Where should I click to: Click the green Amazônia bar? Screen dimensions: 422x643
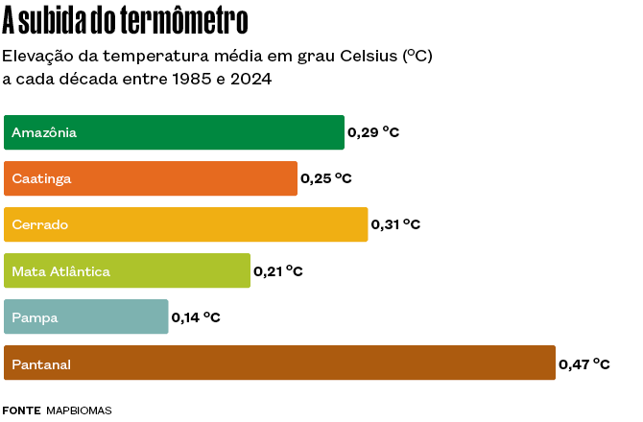click(174, 132)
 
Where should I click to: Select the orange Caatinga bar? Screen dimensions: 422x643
click(151, 178)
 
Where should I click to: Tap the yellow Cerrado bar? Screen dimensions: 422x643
click(186, 224)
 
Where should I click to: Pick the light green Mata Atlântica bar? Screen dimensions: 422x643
click(127, 271)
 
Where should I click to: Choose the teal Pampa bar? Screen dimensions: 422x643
click(86, 317)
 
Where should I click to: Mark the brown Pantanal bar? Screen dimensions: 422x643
click(279, 363)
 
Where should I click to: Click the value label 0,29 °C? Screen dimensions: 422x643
click(373, 132)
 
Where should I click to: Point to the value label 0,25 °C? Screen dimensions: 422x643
click(326, 178)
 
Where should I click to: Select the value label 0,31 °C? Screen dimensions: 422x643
click(396, 224)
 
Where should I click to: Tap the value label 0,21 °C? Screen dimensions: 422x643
click(278, 271)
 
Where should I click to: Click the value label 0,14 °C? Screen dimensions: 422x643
click(196, 317)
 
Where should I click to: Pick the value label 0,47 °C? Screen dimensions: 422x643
click(584, 363)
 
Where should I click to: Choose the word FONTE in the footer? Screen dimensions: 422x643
click(21, 410)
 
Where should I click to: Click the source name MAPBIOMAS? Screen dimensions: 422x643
click(79, 410)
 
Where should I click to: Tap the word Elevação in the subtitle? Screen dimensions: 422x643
click(36, 56)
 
